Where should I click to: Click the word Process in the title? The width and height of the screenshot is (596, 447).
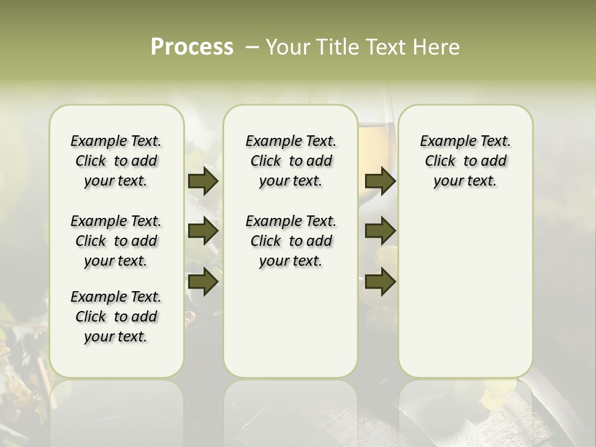[x=192, y=47]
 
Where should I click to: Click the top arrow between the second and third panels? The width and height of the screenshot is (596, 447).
[x=380, y=181]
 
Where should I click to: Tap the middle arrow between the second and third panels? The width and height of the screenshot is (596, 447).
[x=380, y=231]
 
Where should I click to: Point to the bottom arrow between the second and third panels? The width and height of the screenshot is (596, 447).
[x=380, y=281]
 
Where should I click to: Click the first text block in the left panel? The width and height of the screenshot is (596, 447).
[x=116, y=161]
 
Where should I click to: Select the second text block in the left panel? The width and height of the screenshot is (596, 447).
[x=116, y=241]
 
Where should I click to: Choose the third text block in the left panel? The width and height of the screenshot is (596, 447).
[x=116, y=317]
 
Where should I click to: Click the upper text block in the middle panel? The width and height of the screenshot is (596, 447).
[x=291, y=161]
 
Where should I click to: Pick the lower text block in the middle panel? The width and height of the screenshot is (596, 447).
[x=291, y=241]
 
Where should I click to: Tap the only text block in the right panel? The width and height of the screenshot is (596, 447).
[x=465, y=161]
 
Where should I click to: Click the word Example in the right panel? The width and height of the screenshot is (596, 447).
[x=443, y=141]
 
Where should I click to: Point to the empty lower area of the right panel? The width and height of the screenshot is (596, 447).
[x=465, y=292]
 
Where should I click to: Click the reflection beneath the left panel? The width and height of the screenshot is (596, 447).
[x=116, y=410]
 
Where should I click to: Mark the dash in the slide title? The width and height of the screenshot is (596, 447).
[x=251, y=47]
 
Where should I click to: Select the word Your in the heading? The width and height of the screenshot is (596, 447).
[x=288, y=47]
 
